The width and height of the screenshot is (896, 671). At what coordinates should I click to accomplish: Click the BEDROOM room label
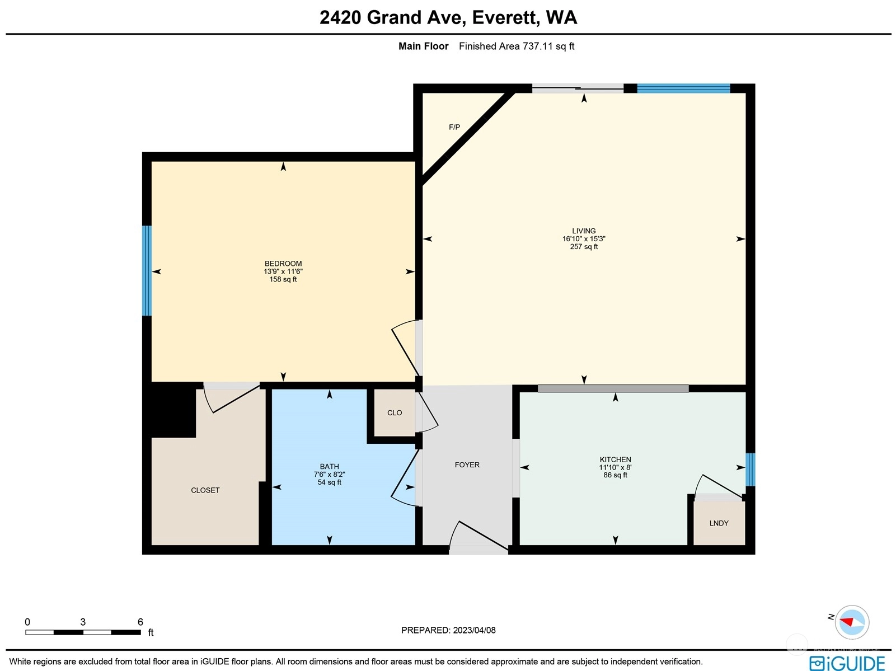tap(283, 264)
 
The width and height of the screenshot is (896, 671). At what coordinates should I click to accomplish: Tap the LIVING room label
tap(584, 231)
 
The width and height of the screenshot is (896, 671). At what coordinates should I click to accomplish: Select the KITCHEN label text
tap(615, 459)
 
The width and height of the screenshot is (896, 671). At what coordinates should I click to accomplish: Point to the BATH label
tap(329, 467)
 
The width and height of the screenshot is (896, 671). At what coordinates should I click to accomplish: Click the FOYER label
tap(467, 465)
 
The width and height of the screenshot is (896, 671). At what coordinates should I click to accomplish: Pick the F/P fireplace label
tap(454, 128)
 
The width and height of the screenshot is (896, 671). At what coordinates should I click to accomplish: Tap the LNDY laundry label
tap(719, 523)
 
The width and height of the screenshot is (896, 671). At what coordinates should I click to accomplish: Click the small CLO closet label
tap(395, 413)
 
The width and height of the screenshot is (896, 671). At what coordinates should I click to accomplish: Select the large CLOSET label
tap(205, 490)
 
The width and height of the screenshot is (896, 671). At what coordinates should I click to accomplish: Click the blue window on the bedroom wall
tap(147, 271)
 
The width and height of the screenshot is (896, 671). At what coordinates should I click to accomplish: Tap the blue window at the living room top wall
tap(683, 88)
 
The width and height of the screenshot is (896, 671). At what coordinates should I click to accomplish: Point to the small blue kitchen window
tap(750, 470)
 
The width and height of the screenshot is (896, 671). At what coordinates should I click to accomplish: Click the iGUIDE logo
tap(847, 663)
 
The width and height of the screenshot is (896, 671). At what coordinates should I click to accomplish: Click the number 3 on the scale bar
tap(83, 622)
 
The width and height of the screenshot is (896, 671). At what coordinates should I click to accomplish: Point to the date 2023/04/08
tap(474, 630)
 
